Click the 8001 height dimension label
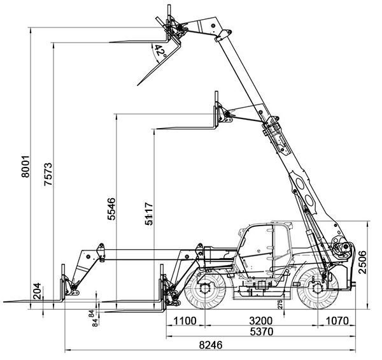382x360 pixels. pyautogui.click(x=25, y=167)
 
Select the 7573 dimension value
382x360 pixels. pyautogui.click(x=48, y=174)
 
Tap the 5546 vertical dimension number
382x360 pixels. pyautogui.click(x=111, y=209)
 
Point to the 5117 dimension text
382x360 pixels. pyautogui.click(x=149, y=213)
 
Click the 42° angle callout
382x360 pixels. pyautogui.click(x=160, y=51)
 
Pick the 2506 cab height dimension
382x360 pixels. pyautogui.click(x=362, y=262)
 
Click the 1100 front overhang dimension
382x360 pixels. pyautogui.click(x=185, y=321)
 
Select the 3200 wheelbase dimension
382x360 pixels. pyautogui.click(x=260, y=321)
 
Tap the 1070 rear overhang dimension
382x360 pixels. pyautogui.click(x=337, y=321)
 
